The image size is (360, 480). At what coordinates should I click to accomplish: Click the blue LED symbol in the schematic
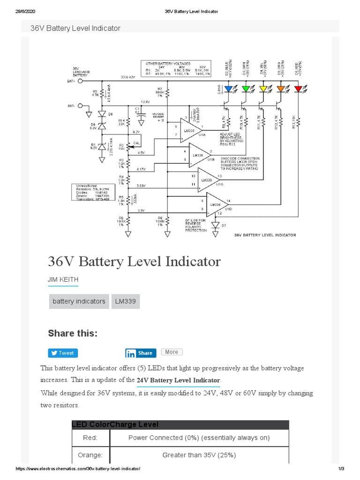tap(228, 88)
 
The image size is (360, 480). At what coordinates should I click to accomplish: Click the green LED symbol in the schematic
tap(246, 88)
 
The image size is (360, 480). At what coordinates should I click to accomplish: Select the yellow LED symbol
tap(263, 88)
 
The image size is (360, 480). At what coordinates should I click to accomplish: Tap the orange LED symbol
tap(280, 88)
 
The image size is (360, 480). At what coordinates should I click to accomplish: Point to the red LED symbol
tap(298, 88)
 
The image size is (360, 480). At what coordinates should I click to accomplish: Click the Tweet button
tap(62, 353)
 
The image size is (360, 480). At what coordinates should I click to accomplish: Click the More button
tap(172, 352)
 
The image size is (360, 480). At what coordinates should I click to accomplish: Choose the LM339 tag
tap(126, 301)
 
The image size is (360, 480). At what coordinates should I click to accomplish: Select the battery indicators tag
tap(79, 301)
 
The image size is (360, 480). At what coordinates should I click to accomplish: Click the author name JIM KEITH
tap(63, 279)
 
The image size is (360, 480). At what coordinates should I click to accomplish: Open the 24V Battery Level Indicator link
tap(178, 380)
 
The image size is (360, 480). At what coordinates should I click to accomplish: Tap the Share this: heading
tap(73, 333)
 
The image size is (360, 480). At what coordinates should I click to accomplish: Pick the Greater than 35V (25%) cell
tap(199, 455)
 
